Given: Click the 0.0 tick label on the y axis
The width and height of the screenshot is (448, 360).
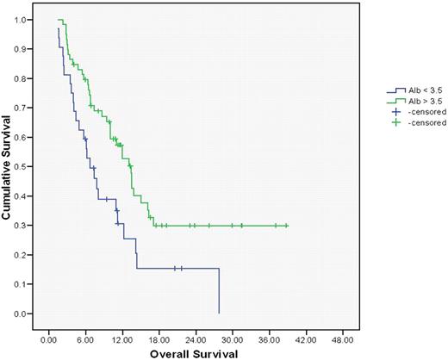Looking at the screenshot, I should pos(20,313).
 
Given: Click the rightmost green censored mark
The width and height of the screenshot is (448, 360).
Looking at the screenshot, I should pos(286,226).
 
